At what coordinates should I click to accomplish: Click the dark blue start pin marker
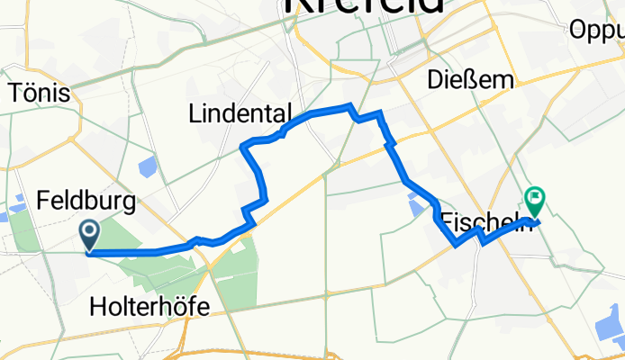click(91, 236)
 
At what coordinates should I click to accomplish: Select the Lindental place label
click(240, 114)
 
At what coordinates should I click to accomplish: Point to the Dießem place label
click(471, 80)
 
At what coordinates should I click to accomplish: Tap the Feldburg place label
click(86, 201)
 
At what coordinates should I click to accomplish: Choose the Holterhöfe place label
click(150, 308)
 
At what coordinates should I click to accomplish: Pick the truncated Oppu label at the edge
click(596, 30)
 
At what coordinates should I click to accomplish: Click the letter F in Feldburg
click(43, 201)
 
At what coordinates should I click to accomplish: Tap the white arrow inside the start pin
click(91, 232)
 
